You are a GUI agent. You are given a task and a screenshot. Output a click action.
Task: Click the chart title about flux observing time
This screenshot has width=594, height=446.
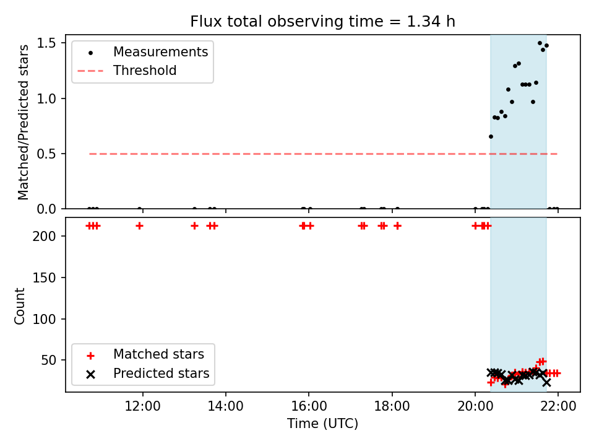tap(322, 22)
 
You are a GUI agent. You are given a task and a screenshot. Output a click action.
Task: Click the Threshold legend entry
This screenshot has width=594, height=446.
tap(127, 71)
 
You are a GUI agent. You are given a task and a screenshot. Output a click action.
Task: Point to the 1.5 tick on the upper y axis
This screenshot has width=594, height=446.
tap(46, 43)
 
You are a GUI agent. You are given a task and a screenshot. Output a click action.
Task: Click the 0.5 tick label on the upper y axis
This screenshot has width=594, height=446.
tap(46, 154)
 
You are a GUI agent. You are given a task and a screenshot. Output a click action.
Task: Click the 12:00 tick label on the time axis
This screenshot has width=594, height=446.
tap(142, 406)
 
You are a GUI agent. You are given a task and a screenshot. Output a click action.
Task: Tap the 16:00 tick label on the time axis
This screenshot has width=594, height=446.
tap(309, 406)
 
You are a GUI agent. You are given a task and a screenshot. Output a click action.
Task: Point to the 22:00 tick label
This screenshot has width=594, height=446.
tap(558, 406)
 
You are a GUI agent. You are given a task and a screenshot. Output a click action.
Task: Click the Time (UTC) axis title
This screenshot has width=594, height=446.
tap(322, 423)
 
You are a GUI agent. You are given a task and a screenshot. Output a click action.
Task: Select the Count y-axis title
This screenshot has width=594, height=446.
tap(19, 305)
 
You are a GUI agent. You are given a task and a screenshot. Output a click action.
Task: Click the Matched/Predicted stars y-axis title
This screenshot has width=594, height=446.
tap(23, 122)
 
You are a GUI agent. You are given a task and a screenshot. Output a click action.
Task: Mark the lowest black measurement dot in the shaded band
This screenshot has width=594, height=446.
tap(491, 136)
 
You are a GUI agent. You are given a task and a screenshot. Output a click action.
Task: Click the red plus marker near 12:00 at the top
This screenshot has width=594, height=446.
tap(139, 226)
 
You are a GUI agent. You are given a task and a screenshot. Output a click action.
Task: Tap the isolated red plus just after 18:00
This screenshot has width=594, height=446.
tap(397, 226)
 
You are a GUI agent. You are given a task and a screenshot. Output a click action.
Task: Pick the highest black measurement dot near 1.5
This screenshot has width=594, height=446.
tap(540, 43)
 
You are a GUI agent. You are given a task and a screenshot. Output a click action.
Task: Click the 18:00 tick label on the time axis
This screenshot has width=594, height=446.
tap(392, 406)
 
